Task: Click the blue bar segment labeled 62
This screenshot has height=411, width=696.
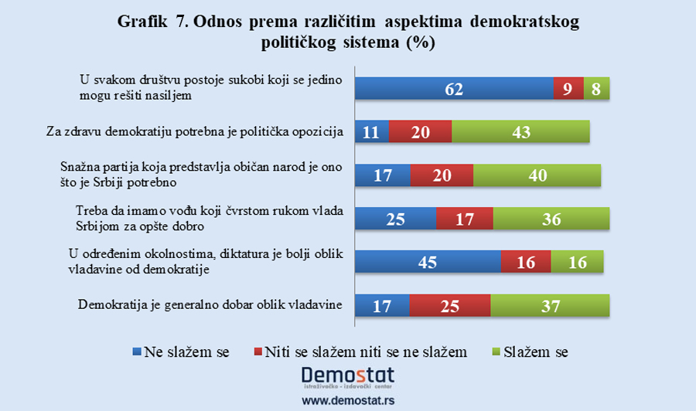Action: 454,89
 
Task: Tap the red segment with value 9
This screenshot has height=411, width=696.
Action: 568,89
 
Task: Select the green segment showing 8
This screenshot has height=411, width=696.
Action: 596,89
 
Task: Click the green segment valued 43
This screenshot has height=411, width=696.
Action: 520,132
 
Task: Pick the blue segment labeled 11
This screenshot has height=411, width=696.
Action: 371,132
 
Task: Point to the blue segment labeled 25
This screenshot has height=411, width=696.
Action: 395,219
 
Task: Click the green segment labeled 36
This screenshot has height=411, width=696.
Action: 551,219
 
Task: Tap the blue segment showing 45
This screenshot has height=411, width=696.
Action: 427,262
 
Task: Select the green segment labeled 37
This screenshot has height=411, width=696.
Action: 550,305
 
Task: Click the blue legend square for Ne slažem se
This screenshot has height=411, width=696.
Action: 136,352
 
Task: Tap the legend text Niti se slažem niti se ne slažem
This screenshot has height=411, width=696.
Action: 366,352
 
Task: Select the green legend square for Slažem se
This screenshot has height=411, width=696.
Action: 496,352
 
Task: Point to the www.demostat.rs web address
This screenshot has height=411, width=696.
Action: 346,401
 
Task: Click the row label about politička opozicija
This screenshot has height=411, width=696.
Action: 193,132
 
